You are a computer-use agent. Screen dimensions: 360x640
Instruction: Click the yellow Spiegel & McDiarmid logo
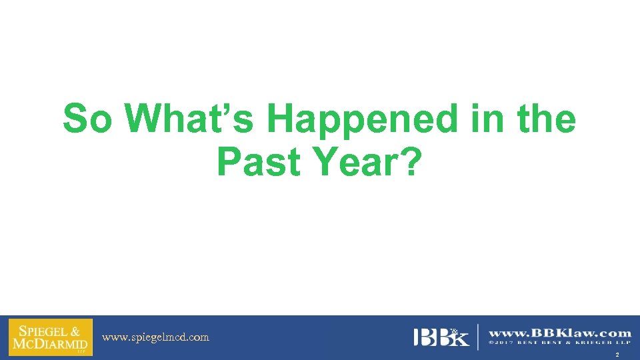tap(51, 337)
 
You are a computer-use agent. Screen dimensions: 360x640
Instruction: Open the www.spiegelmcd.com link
tap(155, 337)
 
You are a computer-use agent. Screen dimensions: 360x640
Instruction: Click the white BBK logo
tap(441, 337)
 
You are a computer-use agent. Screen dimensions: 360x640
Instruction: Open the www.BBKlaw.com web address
tap(560, 333)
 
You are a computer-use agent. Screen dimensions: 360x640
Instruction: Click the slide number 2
tap(617, 355)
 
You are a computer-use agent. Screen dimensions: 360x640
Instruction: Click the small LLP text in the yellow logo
tap(81, 351)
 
